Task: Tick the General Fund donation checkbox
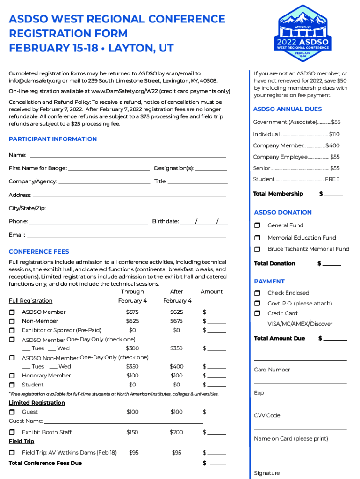click(257, 225)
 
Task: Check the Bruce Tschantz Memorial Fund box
click(257, 249)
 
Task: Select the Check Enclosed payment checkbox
click(257, 293)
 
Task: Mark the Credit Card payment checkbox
click(257, 313)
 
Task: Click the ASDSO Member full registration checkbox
click(12, 312)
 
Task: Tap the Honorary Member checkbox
click(12, 376)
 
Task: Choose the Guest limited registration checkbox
click(12, 412)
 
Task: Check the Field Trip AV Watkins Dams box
click(12, 453)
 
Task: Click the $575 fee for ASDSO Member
click(132, 312)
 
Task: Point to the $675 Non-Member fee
click(176, 321)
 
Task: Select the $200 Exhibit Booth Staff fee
click(176, 432)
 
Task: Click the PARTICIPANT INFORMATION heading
click(53, 139)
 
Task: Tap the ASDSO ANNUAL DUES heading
click(288, 109)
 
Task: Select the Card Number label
click(272, 370)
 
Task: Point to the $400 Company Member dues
click(332, 146)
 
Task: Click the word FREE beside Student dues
click(332, 179)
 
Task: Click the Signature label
click(267, 473)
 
